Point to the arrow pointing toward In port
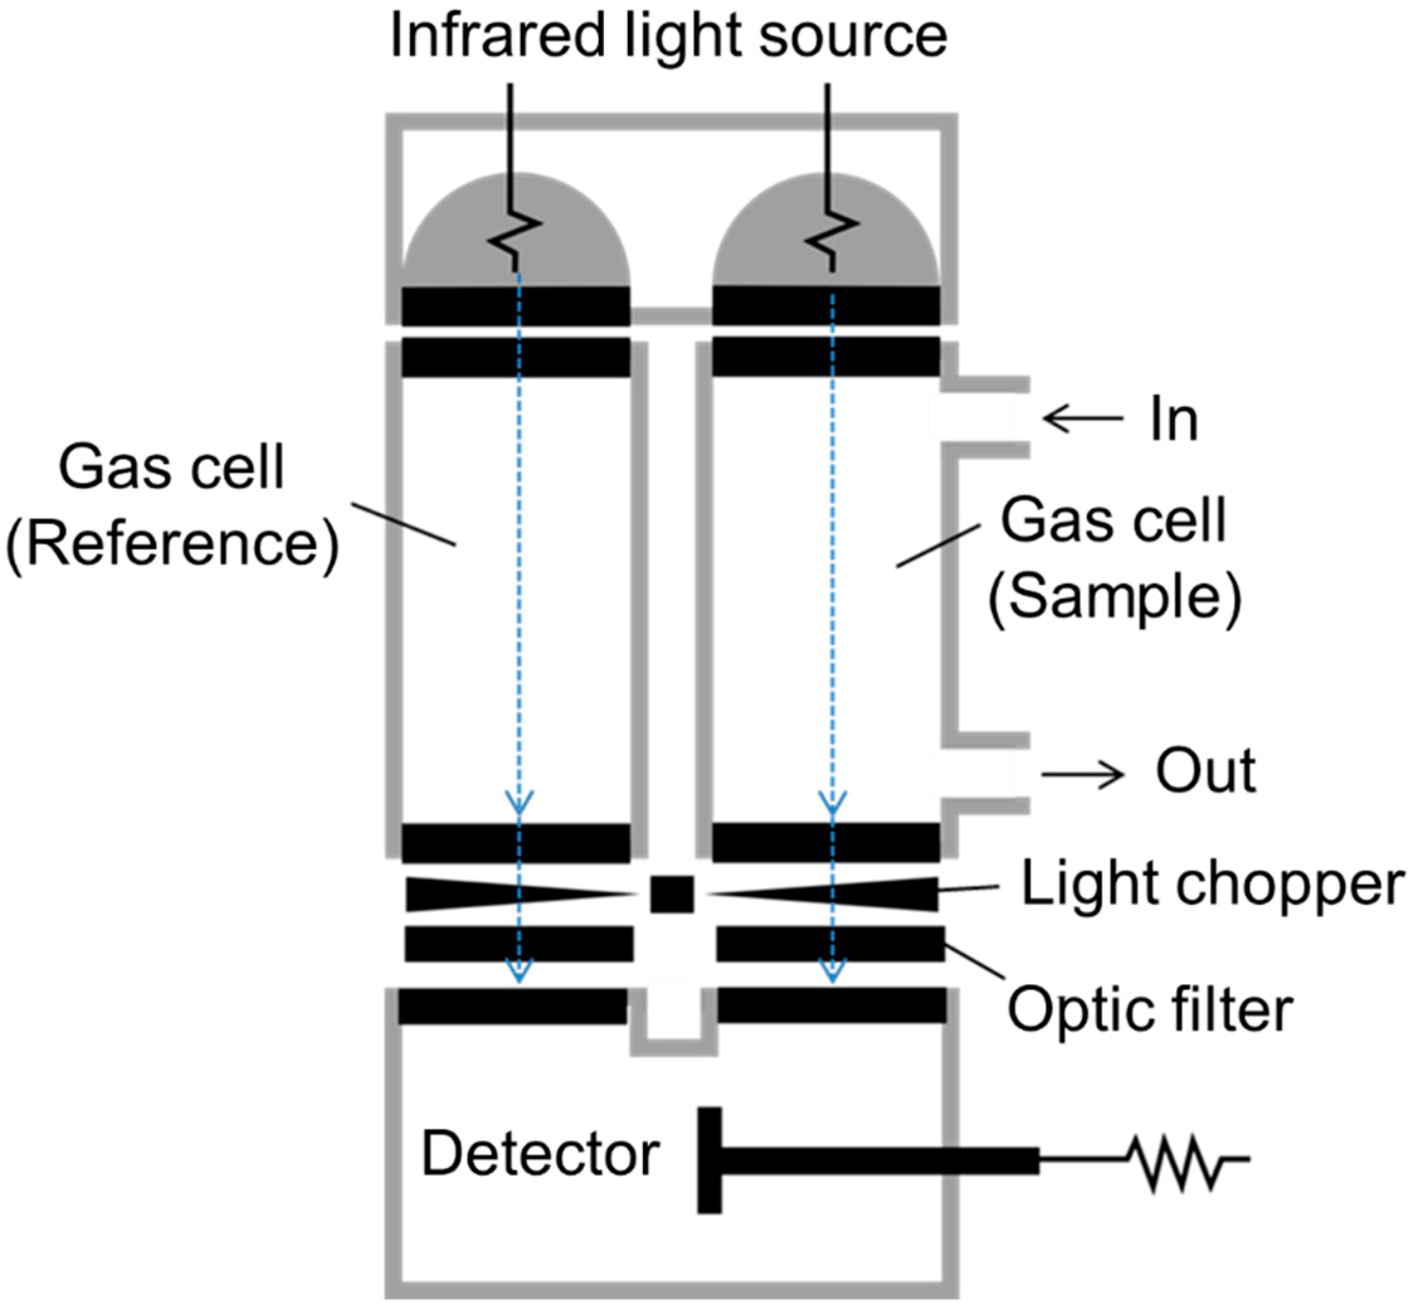[x=1083, y=419]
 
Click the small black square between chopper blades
[x=672, y=895]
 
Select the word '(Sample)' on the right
[x=1114, y=598]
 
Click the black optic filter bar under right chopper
[x=830, y=944]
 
